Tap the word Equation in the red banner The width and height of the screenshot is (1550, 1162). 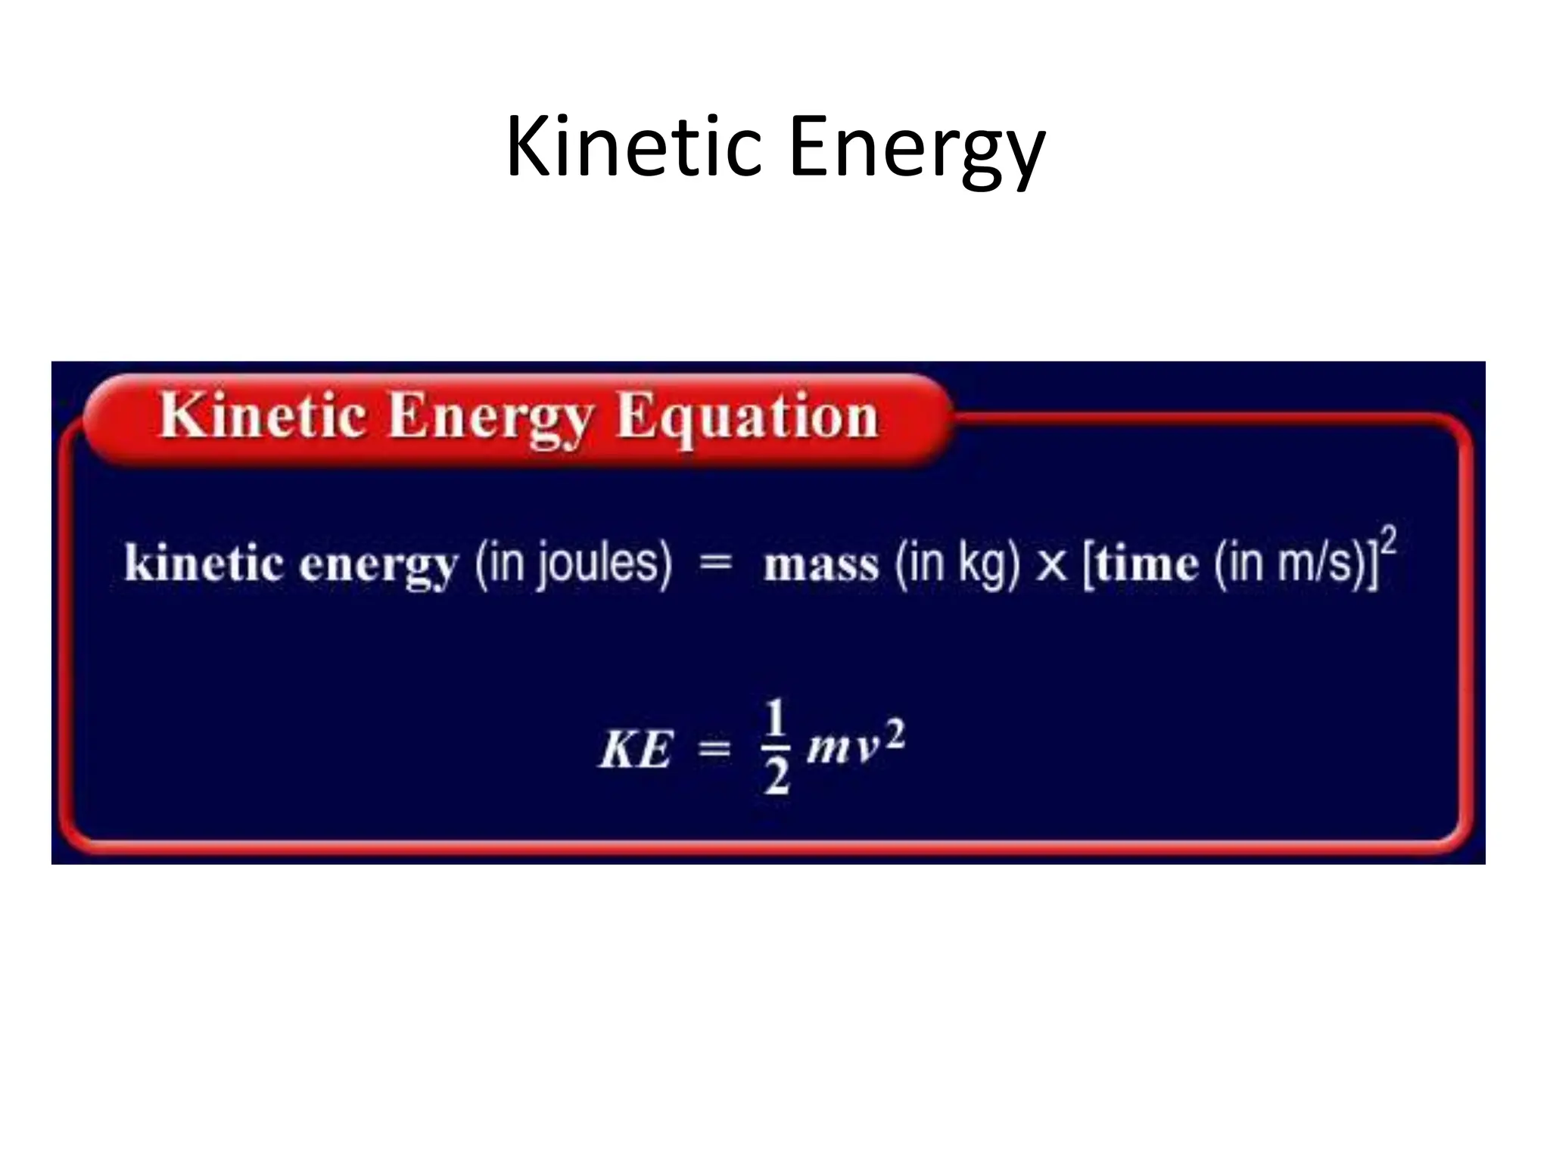tap(747, 417)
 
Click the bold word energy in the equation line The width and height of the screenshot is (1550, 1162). tap(378, 566)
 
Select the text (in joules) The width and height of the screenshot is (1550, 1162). tap(574, 564)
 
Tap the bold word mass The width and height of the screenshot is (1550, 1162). tap(820, 565)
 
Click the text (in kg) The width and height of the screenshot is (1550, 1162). tap(957, 564)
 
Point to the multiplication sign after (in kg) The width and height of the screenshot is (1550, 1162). tap(1050, 566)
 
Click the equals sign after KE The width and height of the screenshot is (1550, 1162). tap(714, 750)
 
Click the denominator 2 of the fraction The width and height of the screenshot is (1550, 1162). tap(777, 776)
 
